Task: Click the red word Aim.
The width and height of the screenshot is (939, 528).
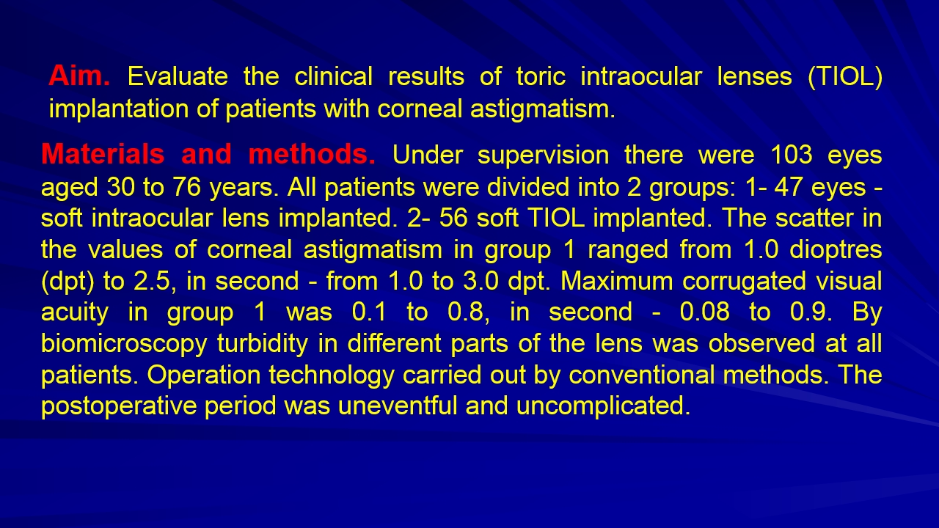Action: pyautogui.click(x=79, y=76)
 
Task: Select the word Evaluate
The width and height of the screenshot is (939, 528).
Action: pyautogui.click(x=178, y=76)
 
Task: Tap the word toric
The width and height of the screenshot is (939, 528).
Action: pyautogui.click(x=541, y=76)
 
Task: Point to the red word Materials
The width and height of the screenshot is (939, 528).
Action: pyautogui.click(x=103, y=154)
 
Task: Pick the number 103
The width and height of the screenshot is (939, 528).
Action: pyautogui.click(x=792, y=154)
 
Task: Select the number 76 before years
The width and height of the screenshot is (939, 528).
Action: pyautogui.click(x=187, y=186)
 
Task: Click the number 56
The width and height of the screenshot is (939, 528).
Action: pyautogui.click(x=453, y=218)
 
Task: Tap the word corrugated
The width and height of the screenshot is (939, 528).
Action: pyautogui.click(x=744, y=282)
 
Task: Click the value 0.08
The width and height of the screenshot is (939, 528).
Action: pyautogui.click(x=705, y=312)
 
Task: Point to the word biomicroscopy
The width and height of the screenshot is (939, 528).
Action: pyautogui.click(x=124, y=345)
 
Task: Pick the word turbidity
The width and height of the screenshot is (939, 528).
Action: pyautogui.click(x=263, y=345)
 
